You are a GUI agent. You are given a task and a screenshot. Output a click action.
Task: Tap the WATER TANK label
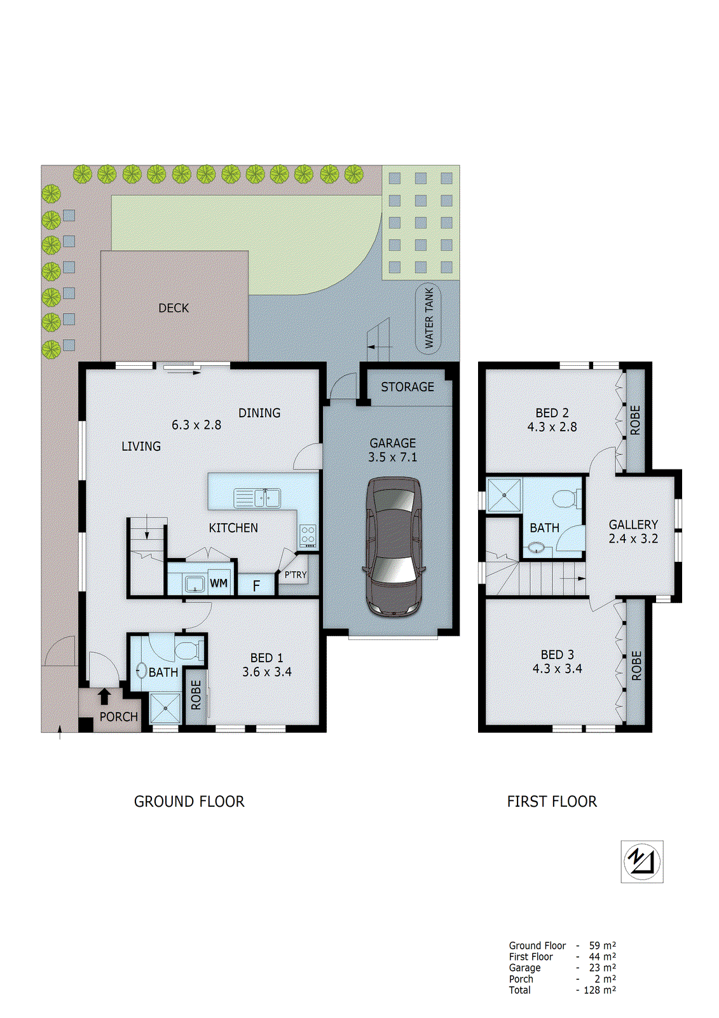429,317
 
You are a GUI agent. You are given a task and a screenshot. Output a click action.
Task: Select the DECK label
174,308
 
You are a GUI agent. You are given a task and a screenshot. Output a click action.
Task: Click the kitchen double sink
257,498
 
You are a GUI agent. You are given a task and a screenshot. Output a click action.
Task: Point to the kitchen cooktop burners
308,535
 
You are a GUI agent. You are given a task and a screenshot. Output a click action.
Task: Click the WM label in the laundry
219,583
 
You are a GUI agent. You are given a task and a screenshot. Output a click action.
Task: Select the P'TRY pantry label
295,575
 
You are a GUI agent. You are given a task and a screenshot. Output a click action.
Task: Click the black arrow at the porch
104,696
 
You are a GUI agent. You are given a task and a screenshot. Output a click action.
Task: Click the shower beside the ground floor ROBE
165,708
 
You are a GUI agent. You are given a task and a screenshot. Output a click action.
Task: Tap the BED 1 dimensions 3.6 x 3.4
266,672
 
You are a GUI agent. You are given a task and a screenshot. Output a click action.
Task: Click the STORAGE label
407,387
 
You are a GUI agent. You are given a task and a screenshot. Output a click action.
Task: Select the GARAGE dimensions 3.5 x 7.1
392,457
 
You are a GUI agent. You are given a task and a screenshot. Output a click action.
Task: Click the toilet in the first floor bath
565,498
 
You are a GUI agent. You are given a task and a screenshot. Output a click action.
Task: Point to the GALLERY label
633,524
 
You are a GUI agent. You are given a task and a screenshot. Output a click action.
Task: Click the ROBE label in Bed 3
636,666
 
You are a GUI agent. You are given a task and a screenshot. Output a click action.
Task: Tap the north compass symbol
642,861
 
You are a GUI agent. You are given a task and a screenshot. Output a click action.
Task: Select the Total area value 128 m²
599,990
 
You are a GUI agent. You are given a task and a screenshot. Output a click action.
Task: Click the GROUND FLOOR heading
189,802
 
